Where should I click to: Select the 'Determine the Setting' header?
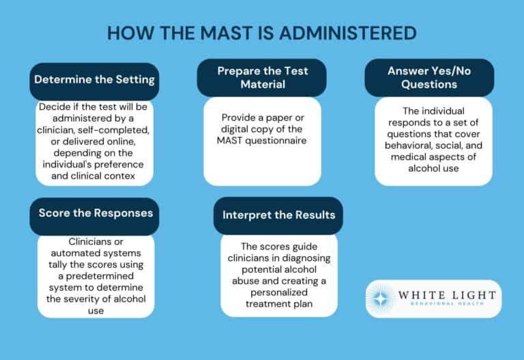[x=95, y=80]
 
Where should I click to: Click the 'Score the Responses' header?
[x=95, y=213]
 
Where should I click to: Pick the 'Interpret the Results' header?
[x=279, y=215]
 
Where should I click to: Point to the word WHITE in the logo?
[x=430, y=294]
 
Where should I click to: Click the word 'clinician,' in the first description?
[x=69, y=129]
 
